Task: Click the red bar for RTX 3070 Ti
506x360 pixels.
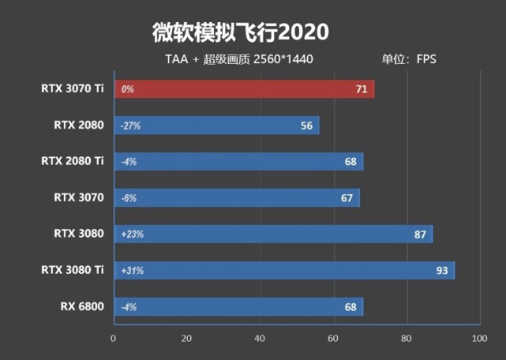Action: [245, 89]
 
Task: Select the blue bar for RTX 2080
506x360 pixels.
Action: [217, 126]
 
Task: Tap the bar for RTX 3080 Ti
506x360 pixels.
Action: [284, 271]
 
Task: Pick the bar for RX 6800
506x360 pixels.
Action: [238, 307]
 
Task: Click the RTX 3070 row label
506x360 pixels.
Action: [79, 198]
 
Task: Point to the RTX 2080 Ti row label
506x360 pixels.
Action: [73, 161]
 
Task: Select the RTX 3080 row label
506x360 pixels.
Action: [79, 234]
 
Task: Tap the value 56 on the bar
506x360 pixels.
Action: [307, 126]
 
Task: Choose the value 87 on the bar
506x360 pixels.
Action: [420, 234]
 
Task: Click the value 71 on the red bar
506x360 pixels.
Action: [362, 89]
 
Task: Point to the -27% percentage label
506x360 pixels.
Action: [130, 126]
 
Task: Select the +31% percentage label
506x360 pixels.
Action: [133, 271]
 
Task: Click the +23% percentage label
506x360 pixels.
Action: [133, 234]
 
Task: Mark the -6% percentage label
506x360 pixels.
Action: [129, 198]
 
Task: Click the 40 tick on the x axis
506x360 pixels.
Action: [260, 339]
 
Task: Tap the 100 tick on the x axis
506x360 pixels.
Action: [478, 339]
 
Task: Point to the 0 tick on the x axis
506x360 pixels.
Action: [114, 339]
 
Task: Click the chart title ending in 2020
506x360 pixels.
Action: [239, 32]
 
